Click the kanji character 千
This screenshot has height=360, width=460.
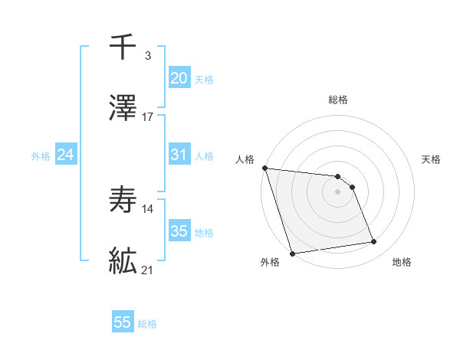(123, 47)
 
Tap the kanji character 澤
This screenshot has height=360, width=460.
(123, 108)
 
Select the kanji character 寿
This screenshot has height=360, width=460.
(123, 200)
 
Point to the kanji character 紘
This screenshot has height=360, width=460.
(123, 261)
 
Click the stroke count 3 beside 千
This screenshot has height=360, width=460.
(147, 55)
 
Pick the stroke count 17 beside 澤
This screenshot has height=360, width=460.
(148, 116)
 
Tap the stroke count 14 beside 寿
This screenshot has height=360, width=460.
(148, 208)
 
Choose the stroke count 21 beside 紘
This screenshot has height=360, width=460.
(148, 270)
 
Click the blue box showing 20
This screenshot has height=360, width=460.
(179, 78)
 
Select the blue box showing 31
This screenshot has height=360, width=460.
(179, 155)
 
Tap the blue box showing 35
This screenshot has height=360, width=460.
(179, 231)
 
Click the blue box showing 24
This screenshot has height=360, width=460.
(66, 155)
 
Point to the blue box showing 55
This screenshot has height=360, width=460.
(123, 322)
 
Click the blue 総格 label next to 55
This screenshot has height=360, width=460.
(147, 324)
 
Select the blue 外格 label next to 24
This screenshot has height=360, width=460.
(41, 156)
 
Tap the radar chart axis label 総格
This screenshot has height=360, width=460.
(338, 100)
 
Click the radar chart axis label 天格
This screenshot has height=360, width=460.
(432, 159)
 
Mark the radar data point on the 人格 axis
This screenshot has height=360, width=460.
(264, 168)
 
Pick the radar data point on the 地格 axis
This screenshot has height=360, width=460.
(374, 242)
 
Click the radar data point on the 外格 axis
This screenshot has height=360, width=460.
(292, 253)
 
